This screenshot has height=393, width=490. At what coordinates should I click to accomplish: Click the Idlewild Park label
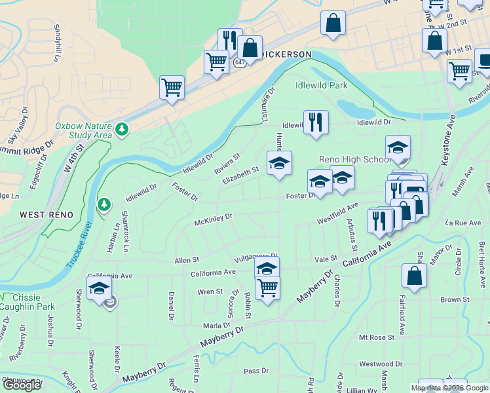(x=321, y=85)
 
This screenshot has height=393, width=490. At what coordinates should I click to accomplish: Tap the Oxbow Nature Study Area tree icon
(x=121, y=130)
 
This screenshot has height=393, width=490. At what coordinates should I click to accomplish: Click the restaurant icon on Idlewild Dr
(x=316, y=121)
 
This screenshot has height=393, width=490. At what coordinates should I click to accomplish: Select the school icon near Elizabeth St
(x=280, y=164)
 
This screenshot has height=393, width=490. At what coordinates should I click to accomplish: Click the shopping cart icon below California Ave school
(x=267, y=287)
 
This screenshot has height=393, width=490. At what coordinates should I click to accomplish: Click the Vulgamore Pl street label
(x=253, y=257)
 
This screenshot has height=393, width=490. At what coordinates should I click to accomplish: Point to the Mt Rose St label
(x=376, y=337)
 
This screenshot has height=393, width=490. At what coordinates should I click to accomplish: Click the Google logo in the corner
(x=22, y=385)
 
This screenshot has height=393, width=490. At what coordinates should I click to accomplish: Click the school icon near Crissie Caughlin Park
(x=100, y=288)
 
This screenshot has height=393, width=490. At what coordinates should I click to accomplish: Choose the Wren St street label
(x=210, y=291)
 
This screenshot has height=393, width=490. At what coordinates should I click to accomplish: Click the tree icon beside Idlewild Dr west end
(x=104, y=205)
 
